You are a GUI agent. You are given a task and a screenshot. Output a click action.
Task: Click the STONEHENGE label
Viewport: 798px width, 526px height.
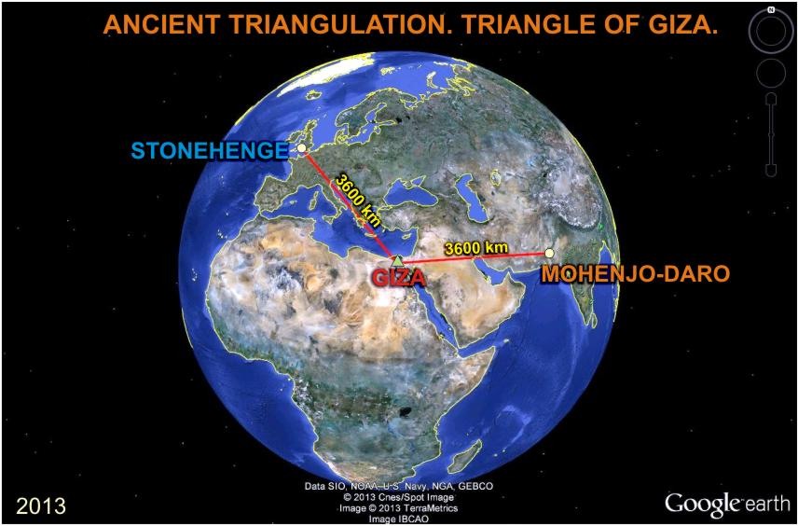(210, 151)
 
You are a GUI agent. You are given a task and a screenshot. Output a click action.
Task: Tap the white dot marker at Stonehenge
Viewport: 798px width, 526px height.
(301, 147)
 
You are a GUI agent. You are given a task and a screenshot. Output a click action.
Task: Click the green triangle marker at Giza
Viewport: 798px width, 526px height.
(397, 261)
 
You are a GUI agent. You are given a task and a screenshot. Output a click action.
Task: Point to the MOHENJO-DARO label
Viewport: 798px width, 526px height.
(635, 274)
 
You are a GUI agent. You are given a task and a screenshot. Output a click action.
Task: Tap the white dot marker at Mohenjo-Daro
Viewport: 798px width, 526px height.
(549, 253)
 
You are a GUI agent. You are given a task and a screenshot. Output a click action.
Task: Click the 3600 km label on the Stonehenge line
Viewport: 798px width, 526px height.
(357, 201)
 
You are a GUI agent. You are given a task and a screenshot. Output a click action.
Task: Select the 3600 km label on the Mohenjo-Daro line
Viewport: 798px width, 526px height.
(475, 248)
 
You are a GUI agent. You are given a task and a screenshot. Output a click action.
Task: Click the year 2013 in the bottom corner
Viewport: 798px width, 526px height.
(41, 506)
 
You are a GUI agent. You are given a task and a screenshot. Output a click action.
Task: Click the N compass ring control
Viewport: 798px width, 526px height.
(771, 32)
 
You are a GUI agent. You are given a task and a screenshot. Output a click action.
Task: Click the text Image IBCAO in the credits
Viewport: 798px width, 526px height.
(400, 519)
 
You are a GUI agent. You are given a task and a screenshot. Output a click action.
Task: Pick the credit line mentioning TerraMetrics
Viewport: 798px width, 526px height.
(400, 508)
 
